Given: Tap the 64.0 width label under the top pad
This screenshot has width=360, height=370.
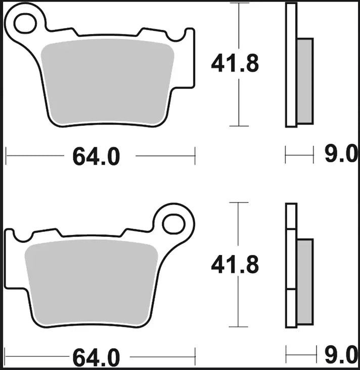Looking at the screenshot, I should pyautogui.click(x=96, y=157).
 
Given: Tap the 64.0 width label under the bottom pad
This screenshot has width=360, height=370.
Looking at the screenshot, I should pyautogui.click(x=96, y=358).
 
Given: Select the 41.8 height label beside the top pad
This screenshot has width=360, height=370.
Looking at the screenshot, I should pyautogui.click(x=235, y=64).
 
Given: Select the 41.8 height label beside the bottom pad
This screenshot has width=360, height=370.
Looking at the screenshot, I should pyautogui.click(x=235, y=265).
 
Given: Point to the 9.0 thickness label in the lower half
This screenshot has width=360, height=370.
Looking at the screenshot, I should pyautogui.click(x=341, y=355).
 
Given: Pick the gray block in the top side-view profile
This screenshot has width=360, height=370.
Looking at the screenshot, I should pyautogui.click(x=305, y=80).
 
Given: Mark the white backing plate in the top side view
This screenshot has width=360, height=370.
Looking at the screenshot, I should pyautogui.click(x=291, y=65).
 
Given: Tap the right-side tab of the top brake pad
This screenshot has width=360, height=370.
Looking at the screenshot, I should pyautogui.click(x=189, y=56).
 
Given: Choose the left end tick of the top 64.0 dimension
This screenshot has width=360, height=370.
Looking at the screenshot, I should pyautogui.click(x=6, y=156).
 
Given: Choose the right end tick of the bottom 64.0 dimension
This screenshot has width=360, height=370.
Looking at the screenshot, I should pyautogui.click(x=195, y=357).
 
